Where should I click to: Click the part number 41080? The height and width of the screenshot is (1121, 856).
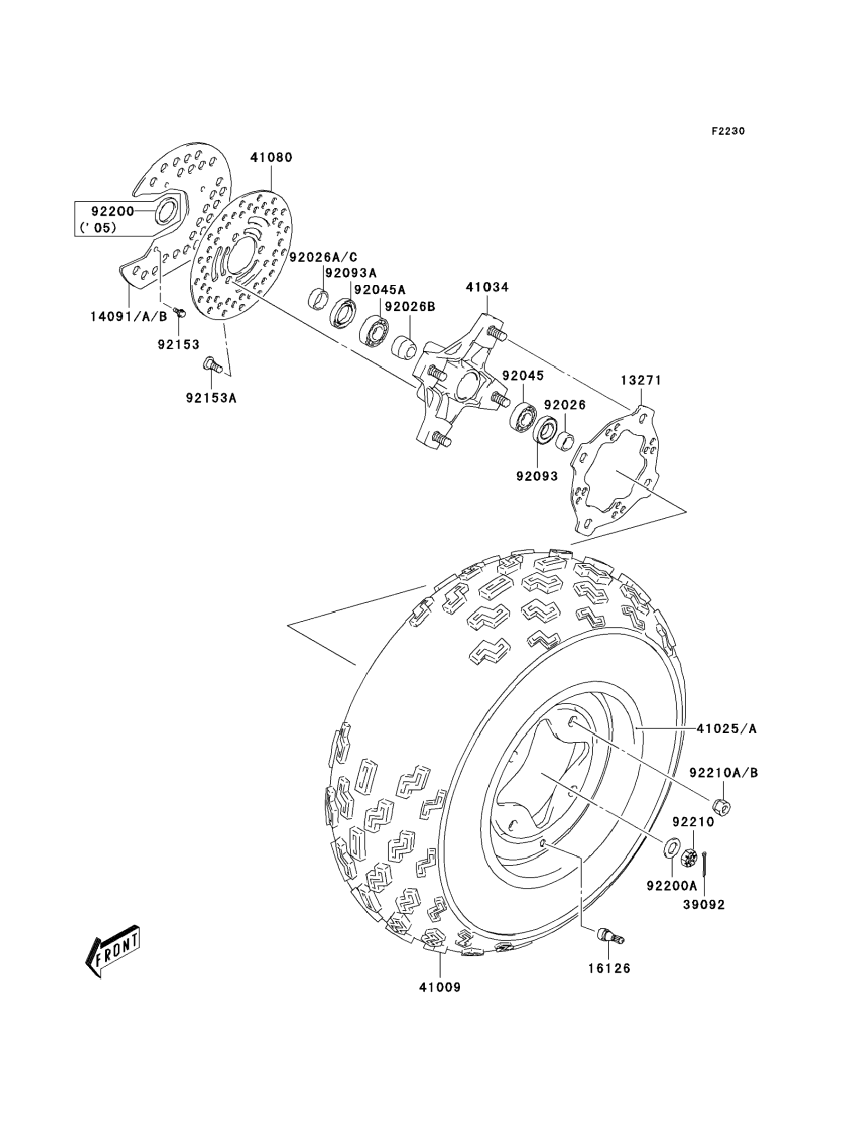(271, 158)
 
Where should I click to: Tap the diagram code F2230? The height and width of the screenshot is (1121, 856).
(728, 131)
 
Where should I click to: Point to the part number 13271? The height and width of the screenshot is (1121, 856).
(641, 380)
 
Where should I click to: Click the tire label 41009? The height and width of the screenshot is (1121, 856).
(440, 988)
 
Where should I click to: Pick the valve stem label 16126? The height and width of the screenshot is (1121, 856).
(609, 968)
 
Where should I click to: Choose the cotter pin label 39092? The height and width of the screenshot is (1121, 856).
(704, 905)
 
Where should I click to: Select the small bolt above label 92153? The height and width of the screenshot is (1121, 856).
(179, 312)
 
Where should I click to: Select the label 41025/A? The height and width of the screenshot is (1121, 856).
(726, 729)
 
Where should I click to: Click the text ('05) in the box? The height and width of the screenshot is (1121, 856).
(98, 228)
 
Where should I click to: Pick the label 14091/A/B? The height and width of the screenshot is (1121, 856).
(129, 317)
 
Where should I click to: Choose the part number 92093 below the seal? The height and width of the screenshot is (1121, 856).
(537, 476)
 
